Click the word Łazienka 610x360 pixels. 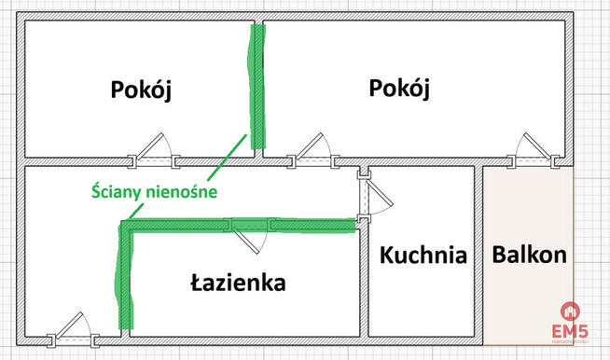point(238,282)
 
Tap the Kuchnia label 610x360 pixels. point(422,255)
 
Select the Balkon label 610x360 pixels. point(530,255)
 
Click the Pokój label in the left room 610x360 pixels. point(143,90)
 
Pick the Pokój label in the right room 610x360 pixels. point(399,90)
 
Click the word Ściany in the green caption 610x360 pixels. point(116,192)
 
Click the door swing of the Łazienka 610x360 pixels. point(250,238)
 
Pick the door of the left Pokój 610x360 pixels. point(152,149)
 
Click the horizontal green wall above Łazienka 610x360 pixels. point(243,225)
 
